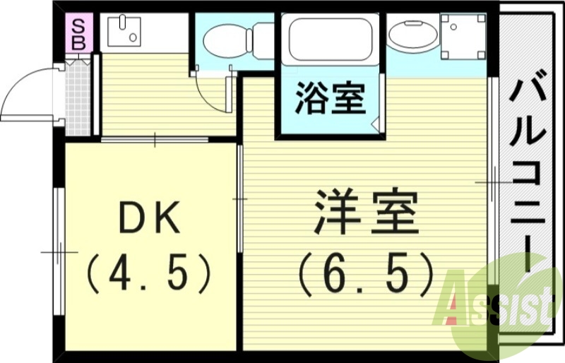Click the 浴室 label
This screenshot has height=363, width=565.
pyautogui.click(x=331, y=99)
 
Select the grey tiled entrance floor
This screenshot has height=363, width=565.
pyautogui.click(x=78, y=99)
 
